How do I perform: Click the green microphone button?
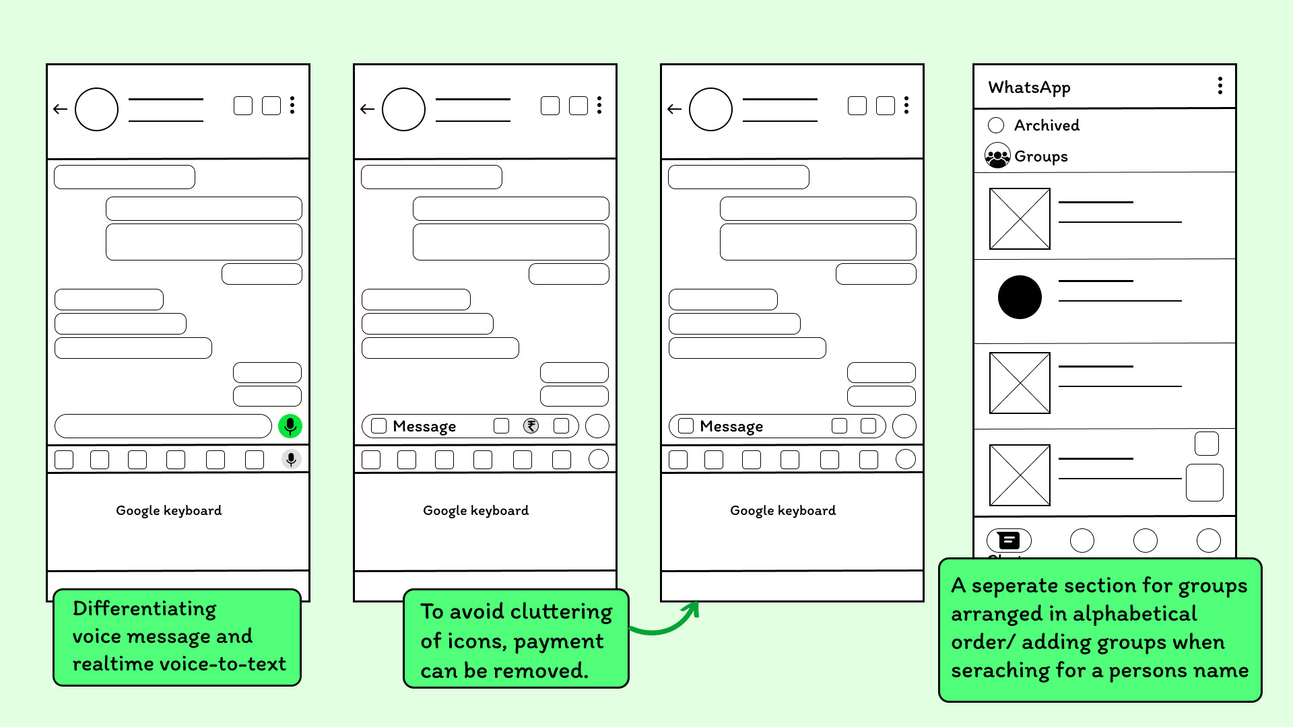point(290,426)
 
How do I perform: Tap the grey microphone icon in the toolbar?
point(291,459)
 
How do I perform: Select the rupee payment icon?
point(531,425)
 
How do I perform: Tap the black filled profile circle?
point(1020,297)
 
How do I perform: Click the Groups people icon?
point(997,156)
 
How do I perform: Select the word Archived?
point(1047,125)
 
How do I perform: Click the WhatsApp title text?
point(1029,88)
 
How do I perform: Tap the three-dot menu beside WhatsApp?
point(1220,85)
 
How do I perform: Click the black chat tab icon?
point(1009,540)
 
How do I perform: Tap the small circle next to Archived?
point(996,125)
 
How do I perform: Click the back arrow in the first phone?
point(61,108)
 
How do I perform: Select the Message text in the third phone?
point(731,426)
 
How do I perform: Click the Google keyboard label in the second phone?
point(475,510)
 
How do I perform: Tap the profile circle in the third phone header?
point(710,109)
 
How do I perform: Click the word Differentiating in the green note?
point(145,609)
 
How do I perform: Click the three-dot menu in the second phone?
point(599,105)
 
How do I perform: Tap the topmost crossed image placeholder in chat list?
point(1020,219)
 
